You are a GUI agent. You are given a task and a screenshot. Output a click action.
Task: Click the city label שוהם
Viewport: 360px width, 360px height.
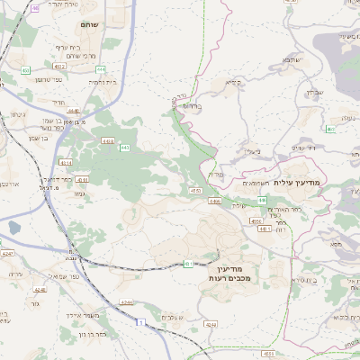point(89,24)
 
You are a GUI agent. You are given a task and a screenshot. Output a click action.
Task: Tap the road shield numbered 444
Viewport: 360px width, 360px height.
point(100,68)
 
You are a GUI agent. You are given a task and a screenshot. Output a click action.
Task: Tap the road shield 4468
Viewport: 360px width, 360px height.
point(214,202)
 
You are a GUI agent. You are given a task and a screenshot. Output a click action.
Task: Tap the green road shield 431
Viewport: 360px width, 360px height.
point(189,263)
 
